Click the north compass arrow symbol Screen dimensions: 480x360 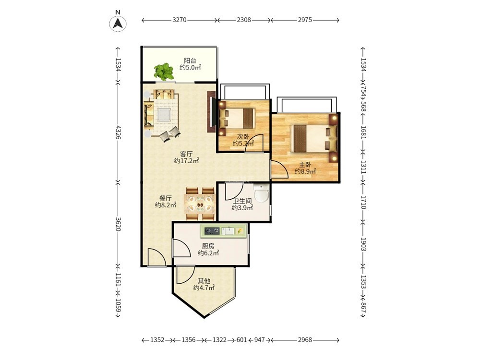[x=118, y=23]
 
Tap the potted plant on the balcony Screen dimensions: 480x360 [x=164, y=72]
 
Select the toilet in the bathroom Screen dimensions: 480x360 [x=262, y=193]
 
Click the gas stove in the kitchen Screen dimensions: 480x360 [x=212, y=231]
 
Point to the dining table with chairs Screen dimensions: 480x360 [x=200, y=204]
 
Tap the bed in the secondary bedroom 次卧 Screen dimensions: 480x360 [x=237, y=118]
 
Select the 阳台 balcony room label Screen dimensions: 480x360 [x=190, y=60]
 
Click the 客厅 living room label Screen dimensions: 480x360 [x=186, y=154]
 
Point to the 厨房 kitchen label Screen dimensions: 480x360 [x=208, y=246]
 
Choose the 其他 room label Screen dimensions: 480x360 [x=204, y=281]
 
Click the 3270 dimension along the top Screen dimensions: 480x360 [x=180, y=20]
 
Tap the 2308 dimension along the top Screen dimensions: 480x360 [x=244, y=20]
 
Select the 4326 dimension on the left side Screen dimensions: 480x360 [x=118, y=132]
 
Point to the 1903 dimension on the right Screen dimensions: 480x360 [x=363, y=244]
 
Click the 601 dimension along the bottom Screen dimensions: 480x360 [x=241, y=340]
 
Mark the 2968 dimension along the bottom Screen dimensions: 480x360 [x=305, y=340]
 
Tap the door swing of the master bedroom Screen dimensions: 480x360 [x=280, y=169]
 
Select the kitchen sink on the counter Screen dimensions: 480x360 [x=228, y=231]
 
